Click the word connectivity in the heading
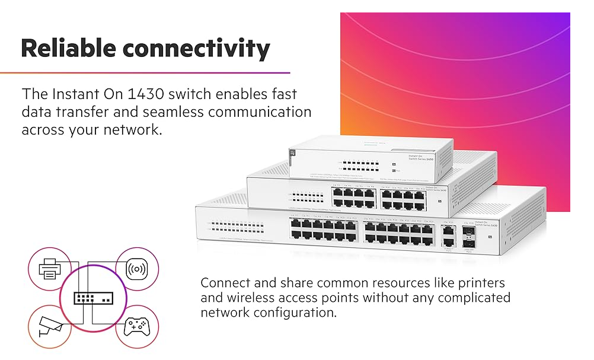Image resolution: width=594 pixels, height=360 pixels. [x=199, y=47]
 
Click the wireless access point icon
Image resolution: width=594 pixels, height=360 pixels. [x=136, y=269]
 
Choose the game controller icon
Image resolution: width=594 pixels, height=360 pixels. [x=136, y=326]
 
